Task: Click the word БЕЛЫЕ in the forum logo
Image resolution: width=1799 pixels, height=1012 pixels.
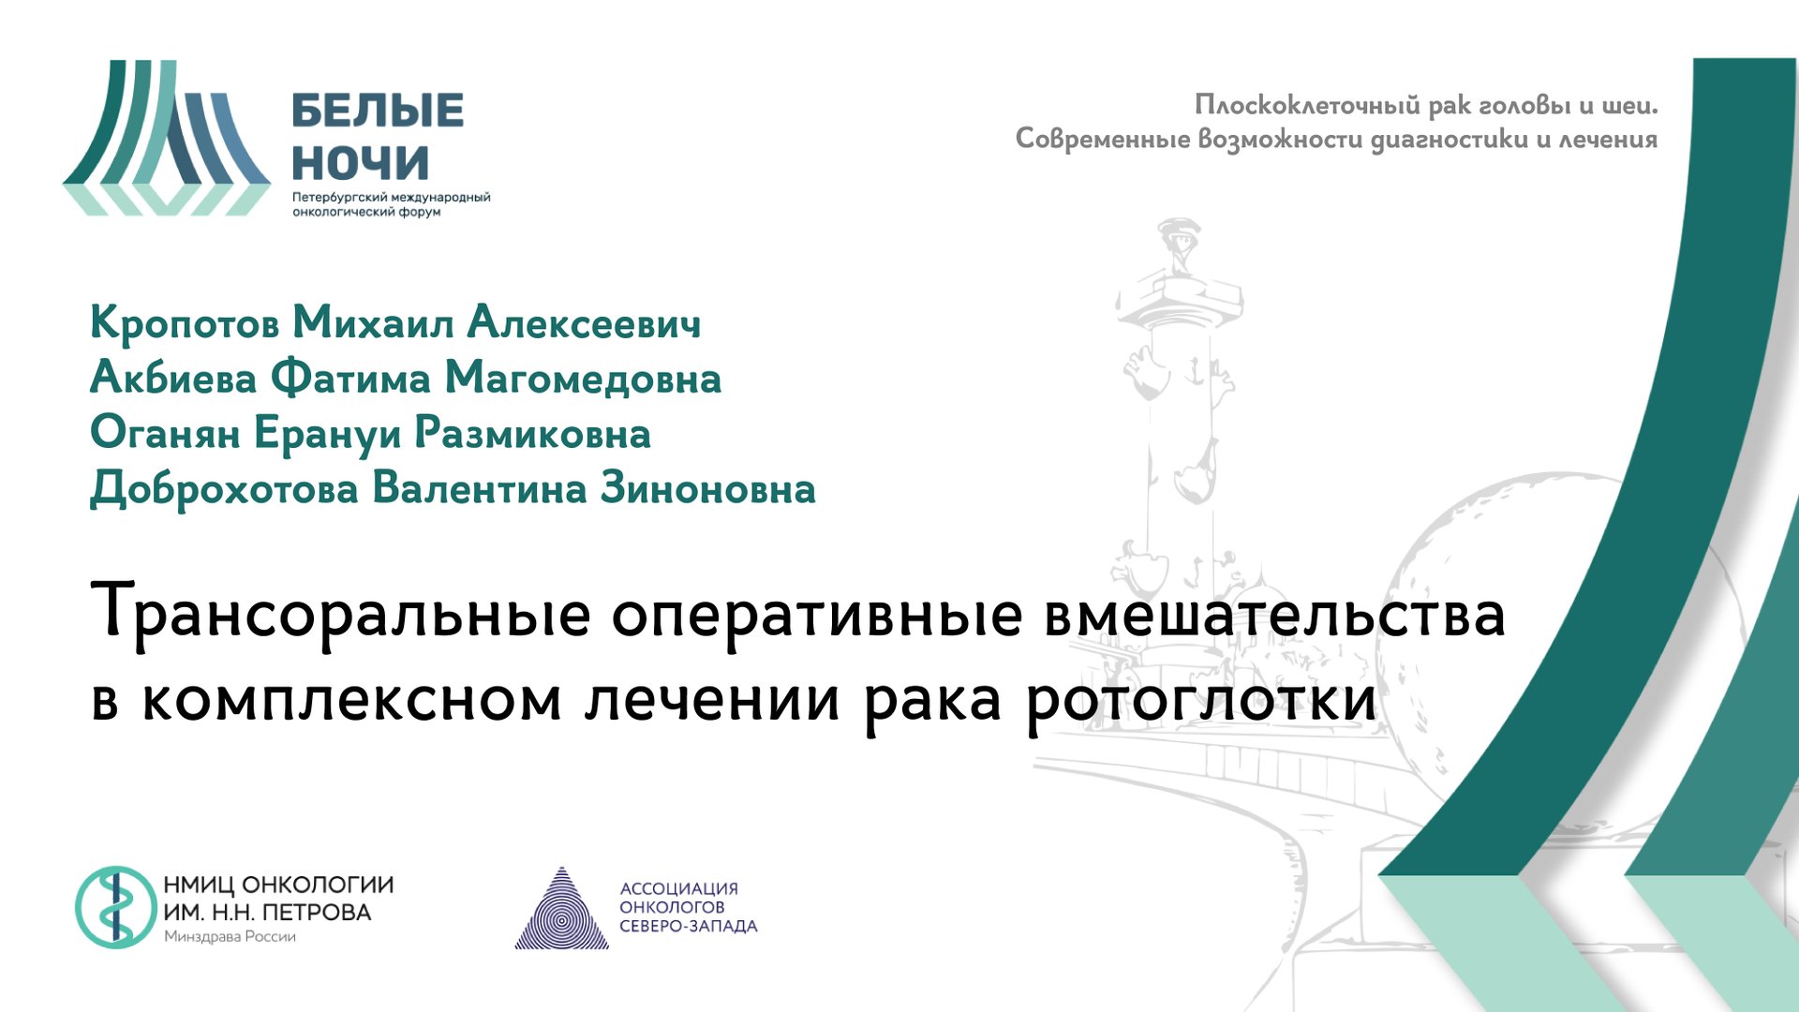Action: point(378,111)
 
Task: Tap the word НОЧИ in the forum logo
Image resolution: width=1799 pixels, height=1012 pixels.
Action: point(361,163)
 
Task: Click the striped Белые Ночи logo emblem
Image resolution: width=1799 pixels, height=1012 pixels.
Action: point(167,138)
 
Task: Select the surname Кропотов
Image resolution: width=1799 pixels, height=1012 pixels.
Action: point(185,323)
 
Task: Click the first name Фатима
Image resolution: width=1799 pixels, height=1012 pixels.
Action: point(350,378)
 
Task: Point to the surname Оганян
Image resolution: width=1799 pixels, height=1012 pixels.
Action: point(165,434)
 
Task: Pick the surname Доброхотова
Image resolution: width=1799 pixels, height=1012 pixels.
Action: point(224,489)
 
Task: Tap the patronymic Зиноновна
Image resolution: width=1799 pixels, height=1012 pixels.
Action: point(707,489)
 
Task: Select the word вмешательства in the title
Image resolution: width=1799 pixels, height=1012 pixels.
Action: point(1274,615)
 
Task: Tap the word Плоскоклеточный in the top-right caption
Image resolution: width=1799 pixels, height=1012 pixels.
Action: point(1307,105)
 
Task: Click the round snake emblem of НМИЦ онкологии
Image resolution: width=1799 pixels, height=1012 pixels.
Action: point(116,907)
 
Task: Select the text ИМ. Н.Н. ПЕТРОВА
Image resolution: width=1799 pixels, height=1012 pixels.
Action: point(267,913)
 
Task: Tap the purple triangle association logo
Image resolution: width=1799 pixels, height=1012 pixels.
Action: point(561,910)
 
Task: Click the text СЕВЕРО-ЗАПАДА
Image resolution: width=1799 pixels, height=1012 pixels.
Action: point(688,927)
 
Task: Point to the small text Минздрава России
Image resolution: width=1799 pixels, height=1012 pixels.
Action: point(230,937)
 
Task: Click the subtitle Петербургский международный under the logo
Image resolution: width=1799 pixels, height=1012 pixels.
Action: point(391,198)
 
